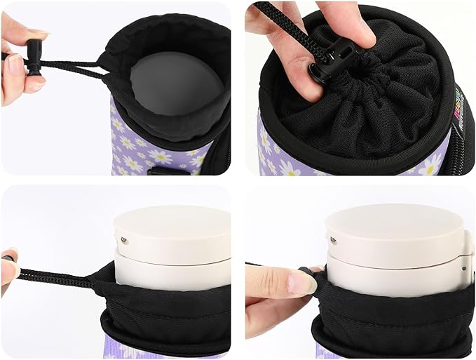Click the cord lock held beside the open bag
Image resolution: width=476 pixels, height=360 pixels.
pos(34,55)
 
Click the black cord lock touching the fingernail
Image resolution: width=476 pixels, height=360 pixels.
pos(306,270)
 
